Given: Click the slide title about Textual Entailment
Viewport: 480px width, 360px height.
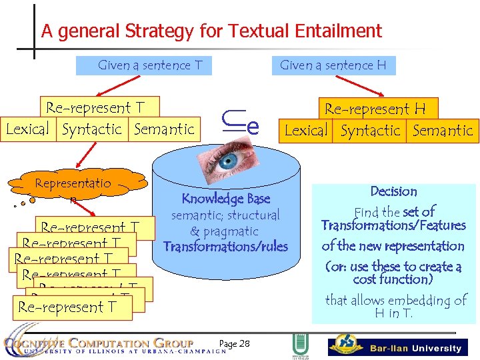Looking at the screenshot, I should (x=211, y=31).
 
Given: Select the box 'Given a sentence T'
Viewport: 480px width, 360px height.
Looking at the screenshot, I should (x=149, y=65).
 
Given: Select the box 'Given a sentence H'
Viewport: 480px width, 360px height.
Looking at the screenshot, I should (x=333, y=65).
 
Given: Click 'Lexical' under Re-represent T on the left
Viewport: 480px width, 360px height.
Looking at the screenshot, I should (x=28, y=129).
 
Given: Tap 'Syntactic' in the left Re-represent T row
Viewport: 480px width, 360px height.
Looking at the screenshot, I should (x=92, y=129).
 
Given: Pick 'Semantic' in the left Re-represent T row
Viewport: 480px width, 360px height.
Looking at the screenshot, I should (x=164, y=129).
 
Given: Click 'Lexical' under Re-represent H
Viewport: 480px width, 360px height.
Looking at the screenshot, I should (x=306, y=131).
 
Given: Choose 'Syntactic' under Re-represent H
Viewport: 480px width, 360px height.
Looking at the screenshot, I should (x=371, y=131).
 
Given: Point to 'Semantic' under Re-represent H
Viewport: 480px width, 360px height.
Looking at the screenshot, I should (x=442, y=131).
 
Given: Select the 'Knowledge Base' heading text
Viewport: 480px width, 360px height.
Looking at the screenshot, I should (x=226, y=199).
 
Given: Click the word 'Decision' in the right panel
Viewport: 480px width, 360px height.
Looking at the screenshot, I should (x=393, y=191).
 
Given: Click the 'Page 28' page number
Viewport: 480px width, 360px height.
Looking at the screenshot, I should (x=234, y=343).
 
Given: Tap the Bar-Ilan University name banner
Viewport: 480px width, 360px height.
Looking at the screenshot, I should (x=415, y=348).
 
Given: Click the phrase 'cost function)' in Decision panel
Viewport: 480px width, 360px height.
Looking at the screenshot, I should (x=393, y=279).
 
